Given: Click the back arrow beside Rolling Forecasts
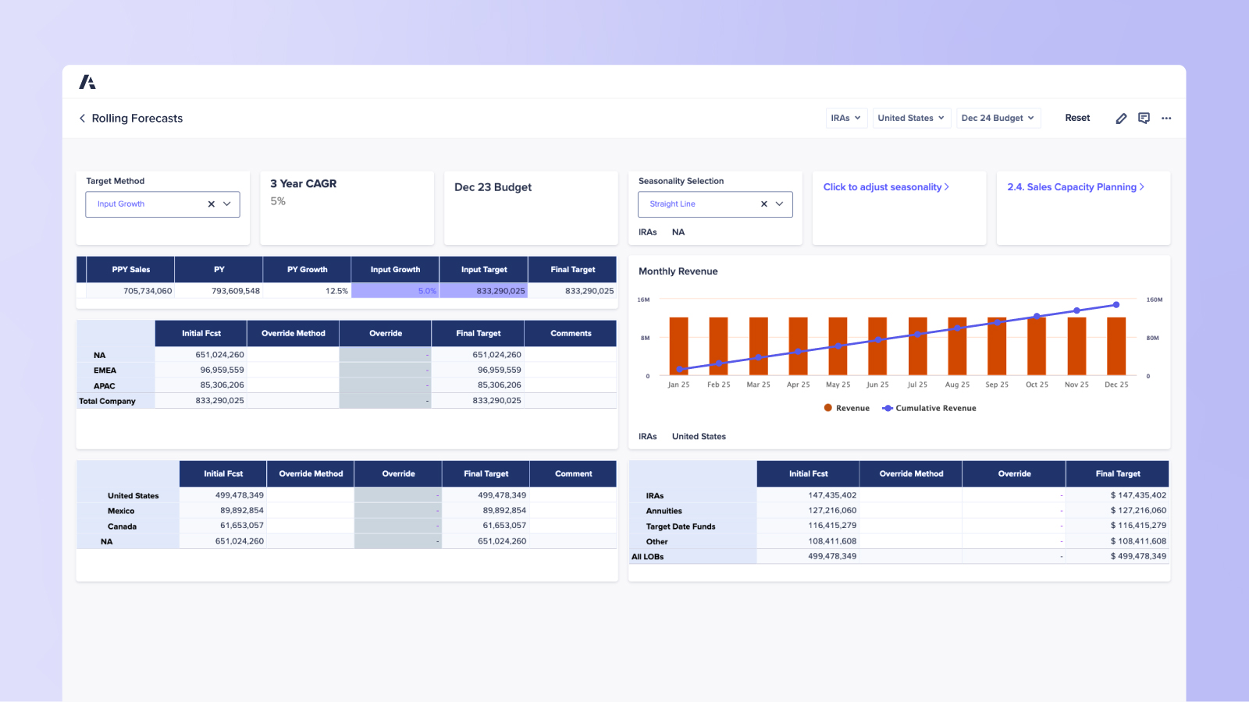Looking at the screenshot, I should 82,119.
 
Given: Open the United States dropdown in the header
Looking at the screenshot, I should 911,119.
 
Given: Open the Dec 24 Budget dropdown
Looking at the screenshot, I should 998,119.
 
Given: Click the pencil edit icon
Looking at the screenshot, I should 1121,119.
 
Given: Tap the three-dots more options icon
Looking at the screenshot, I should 1166,119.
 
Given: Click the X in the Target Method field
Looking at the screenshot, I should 211,204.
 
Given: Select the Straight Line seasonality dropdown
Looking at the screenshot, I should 714,204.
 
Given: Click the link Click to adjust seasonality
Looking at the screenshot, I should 885,187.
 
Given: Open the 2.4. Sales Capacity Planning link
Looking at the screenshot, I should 1075,187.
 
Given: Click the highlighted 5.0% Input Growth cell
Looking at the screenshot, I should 395,291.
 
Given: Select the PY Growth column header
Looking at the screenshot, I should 307,270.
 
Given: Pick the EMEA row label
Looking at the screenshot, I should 105,370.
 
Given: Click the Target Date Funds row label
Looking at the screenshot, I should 680,526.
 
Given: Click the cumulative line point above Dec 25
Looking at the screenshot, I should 1116,305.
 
